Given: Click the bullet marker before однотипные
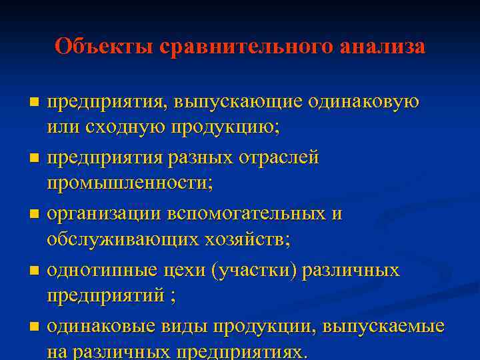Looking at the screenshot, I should (35, 271).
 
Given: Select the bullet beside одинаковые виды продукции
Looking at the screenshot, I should (35, 327).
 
